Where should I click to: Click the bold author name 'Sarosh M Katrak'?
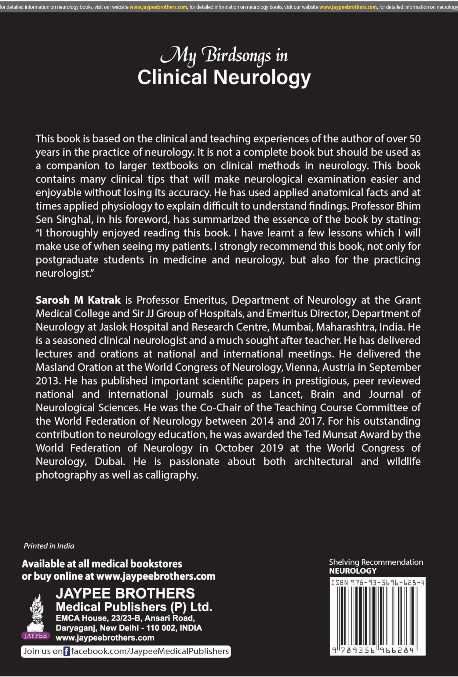pyautogui.click(x=78, y=300)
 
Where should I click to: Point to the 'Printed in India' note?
pyautogui.click(x=49, y=546)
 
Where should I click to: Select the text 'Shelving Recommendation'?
pyautogui.click(x=376, y=562)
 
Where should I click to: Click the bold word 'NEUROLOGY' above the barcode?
pyautogui.click(x=353, y=571)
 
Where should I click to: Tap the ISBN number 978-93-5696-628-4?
pyautogui.click(x=378, y=583)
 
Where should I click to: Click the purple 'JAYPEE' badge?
pyautogui.click(x=36, y=635)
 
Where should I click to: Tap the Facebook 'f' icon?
pyautogui.click(x=67, y=651)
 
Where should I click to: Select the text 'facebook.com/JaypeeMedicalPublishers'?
pyautogui.click(x=150, y=651)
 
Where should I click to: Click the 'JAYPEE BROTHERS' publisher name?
pyautogui.click(x=125, y=593)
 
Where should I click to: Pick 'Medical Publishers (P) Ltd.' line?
pyautogui.click(x=134, y=607)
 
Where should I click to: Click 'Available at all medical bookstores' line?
pyautogui.click(x=102, y=563)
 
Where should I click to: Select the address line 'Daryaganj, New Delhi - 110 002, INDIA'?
pyautogui.click(x=129, y=628)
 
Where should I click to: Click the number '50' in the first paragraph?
pyautogui.click(x=415, y=139)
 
